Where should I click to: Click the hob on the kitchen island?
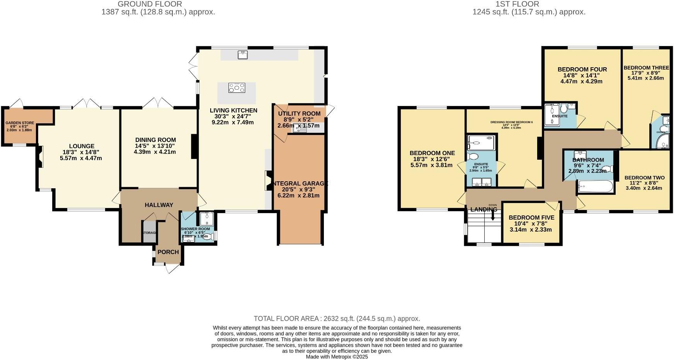(237, 88)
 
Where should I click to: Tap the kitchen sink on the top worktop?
(243, 55)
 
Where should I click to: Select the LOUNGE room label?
(81, 146)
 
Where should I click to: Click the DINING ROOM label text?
(155, 140)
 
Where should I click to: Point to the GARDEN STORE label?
(20, 123)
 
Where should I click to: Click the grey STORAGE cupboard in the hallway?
(149, 232)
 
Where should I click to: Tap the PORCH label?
(168, 252)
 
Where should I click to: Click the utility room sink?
(299, 130)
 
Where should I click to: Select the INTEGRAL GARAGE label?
(300, 183)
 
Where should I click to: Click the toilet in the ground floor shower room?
(207, 237)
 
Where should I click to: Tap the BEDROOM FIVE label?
(531, 218)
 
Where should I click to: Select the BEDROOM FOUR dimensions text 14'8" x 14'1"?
(582, 76)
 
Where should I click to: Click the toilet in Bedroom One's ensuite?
(472, 157)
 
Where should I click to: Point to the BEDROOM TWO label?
(644, 178)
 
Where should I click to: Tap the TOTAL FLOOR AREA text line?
(337, 319)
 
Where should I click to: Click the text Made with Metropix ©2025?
(337, 357)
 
